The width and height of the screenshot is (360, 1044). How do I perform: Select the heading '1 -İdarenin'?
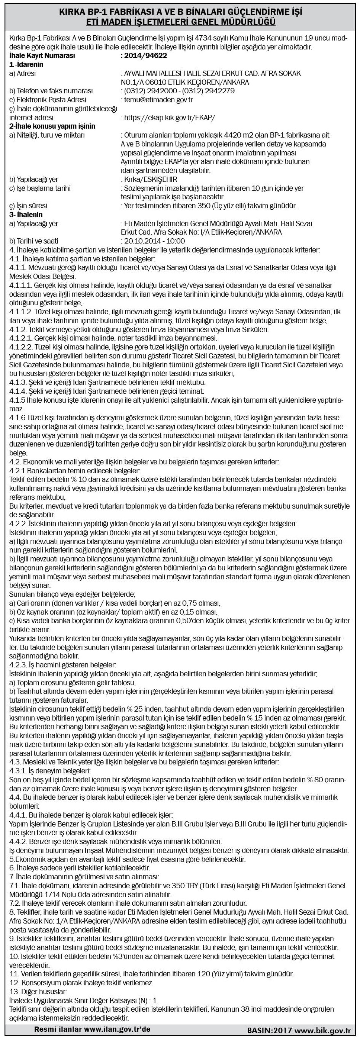click(x=26, y=64)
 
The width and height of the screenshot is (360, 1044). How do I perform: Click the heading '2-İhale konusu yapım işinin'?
click(x=52, y=126)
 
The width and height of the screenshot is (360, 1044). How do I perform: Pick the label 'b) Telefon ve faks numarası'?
click(x=51, y=91)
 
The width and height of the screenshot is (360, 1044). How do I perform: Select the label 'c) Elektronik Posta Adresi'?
click(x=48, y=100)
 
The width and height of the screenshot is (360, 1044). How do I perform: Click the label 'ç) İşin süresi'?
click(x=28, y=206)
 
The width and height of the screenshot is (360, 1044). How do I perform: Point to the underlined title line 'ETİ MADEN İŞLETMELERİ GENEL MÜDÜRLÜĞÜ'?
click(x=180, y=22)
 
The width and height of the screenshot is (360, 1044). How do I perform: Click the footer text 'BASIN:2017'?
click(x=270, y=1038)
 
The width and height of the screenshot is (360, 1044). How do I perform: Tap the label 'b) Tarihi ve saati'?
click(x=33, y=240)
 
